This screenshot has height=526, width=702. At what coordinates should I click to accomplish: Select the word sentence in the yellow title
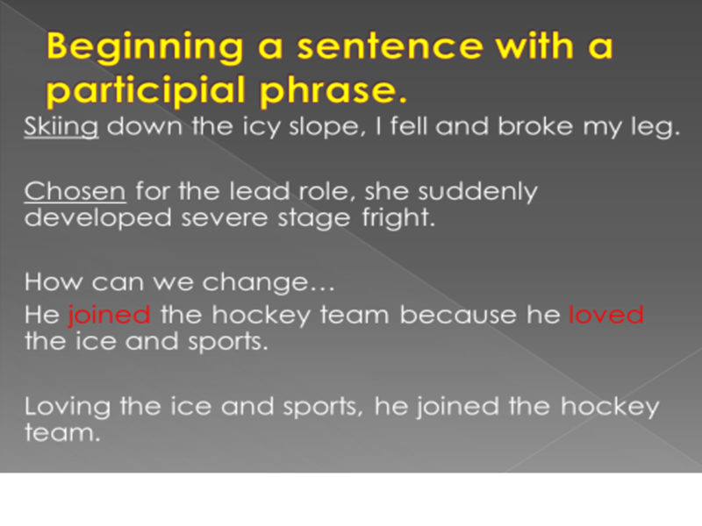point(390,46)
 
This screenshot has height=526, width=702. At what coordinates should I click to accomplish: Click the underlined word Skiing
point(61,126)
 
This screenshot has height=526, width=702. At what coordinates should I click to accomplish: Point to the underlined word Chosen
point(75,191)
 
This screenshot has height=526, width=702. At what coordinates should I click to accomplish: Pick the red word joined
point(109,315)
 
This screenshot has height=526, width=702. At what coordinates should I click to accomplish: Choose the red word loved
point(606,314)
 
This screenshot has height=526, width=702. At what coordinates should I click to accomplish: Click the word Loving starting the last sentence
point(68,408)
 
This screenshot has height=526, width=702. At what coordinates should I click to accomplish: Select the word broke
point(535,126)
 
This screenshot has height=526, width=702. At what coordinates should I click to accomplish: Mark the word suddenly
point(477,192)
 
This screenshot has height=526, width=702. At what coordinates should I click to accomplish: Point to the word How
point(54,282)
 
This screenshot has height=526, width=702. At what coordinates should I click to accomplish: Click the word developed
point(98,218)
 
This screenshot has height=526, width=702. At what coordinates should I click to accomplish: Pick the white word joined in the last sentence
point(458,407)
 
